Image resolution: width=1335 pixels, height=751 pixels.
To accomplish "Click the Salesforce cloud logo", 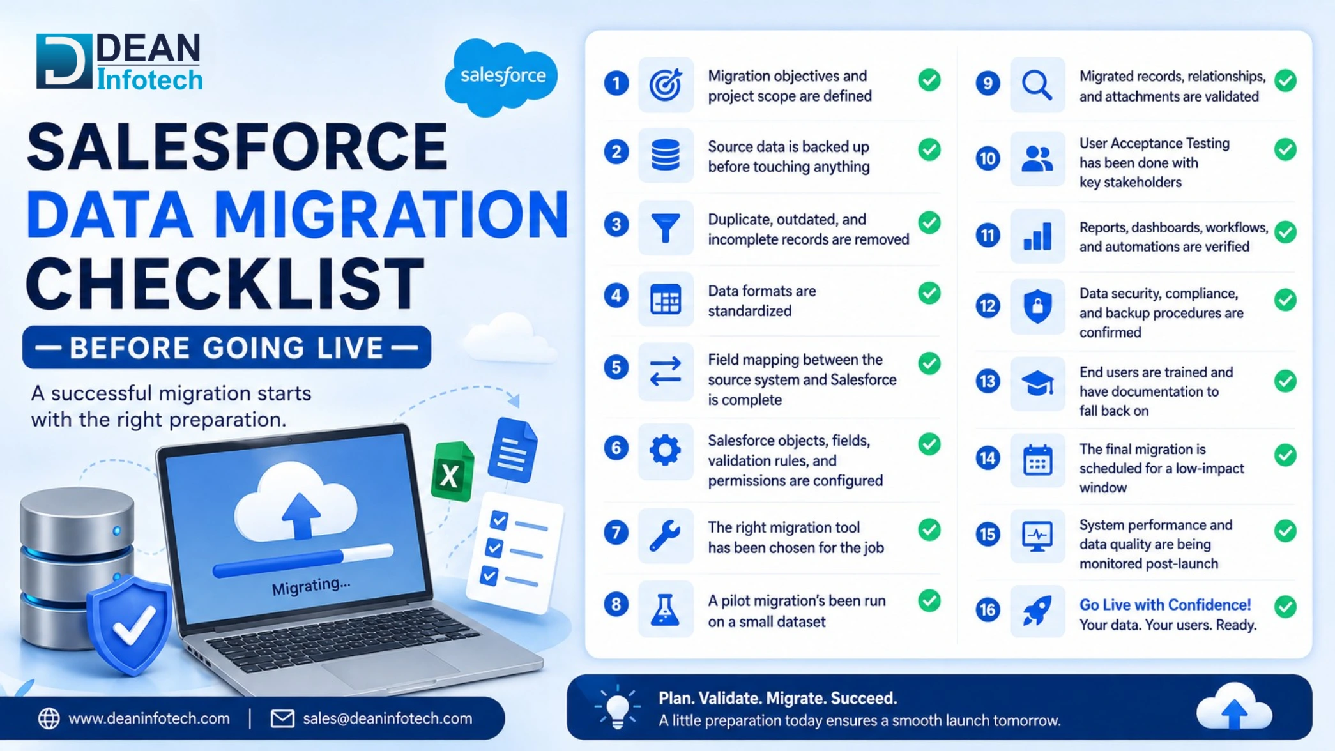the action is tap(501, 77).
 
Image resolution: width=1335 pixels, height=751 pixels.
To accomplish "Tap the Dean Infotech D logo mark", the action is tap(64, 61).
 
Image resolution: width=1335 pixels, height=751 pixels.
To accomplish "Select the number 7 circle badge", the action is tap(616, 533).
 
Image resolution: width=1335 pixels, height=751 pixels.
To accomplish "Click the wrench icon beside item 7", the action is tap(665, 535).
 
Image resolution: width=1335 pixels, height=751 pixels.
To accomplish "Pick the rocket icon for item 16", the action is tap(1037, 611).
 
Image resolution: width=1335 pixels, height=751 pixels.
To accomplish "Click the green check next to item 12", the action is tap(1285, 300).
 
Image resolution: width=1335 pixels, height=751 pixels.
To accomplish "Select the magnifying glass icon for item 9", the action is tap(1037, 86).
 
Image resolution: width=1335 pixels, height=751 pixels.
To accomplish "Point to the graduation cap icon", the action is tap(1037, 384).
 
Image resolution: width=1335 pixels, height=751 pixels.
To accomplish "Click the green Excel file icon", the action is tap(452, 472).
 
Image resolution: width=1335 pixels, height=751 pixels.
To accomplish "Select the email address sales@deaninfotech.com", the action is tap(387, 718).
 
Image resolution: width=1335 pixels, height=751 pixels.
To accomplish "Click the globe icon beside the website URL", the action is tap(49, 718).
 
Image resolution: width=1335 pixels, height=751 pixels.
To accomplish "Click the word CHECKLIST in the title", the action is tap(225, 284).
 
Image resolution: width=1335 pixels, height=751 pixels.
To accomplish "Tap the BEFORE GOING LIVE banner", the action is tap(227, 347).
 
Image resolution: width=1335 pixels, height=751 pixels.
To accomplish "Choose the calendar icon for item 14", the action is tap(1037, 460).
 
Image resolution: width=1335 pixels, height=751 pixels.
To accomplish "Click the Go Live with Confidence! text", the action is tap(1165, 605).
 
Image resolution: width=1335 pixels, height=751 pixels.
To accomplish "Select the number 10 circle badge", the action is tap(988, 158).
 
